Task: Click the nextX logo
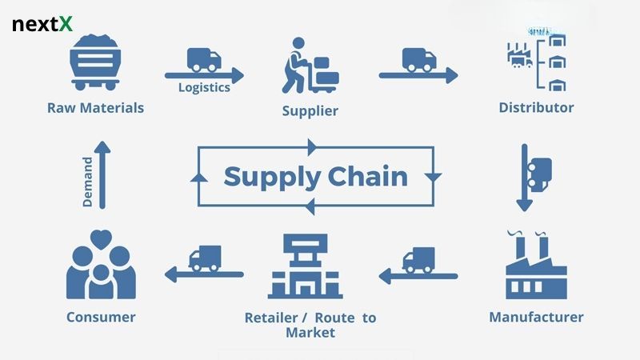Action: (x=42, y=25)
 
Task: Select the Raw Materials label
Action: (x=95, y=107)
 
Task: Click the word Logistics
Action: (x=204, y=88)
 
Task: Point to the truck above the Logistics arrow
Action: (x=204, y=58)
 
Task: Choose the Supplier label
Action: (x=310, y=110)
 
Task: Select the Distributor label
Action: (x=536, y=107)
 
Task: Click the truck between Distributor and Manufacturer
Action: (x=540, y=169)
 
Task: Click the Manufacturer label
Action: (x=536, y=317)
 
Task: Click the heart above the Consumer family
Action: (x=100, y=238)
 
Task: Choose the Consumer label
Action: (x=101, y=317)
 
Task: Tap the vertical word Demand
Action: (x=87, y=182)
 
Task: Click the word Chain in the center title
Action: (x=370, y=176)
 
